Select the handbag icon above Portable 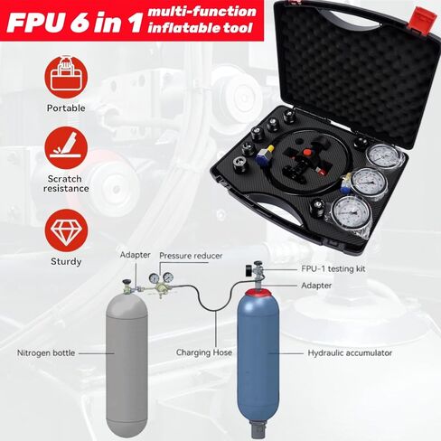coord(64,79)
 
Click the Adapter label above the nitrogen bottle coord(136,256)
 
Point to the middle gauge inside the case coord(369,182)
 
